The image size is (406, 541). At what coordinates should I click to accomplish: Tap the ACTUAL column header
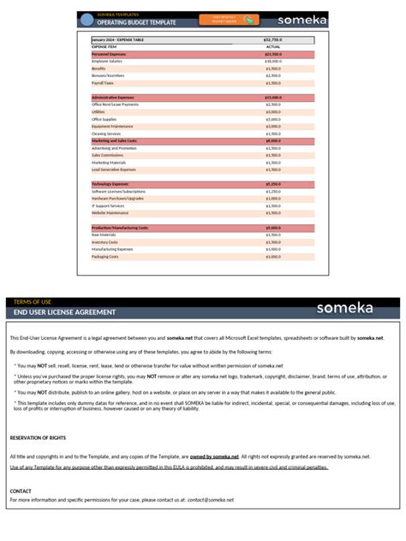(273, 47)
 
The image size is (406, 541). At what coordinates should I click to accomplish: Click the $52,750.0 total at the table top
(273, 39)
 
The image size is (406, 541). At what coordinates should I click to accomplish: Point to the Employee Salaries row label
(109, 61)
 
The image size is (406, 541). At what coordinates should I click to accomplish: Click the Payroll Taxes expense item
(104, 83)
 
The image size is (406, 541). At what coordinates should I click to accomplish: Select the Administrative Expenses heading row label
(113, 98)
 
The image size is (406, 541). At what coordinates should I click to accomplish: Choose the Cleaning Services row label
(107, 134)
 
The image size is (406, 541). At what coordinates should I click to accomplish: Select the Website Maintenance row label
(110, 213)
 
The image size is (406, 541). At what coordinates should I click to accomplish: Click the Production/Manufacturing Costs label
(120, 228)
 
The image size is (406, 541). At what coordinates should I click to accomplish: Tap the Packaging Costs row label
(105, 257)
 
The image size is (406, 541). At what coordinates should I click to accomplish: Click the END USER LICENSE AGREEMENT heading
(65, 312)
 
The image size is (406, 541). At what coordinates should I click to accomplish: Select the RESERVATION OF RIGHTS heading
(39, 438)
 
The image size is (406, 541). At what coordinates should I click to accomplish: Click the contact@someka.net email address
(211, 499)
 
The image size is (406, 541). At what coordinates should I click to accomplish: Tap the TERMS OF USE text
(33, 301)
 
